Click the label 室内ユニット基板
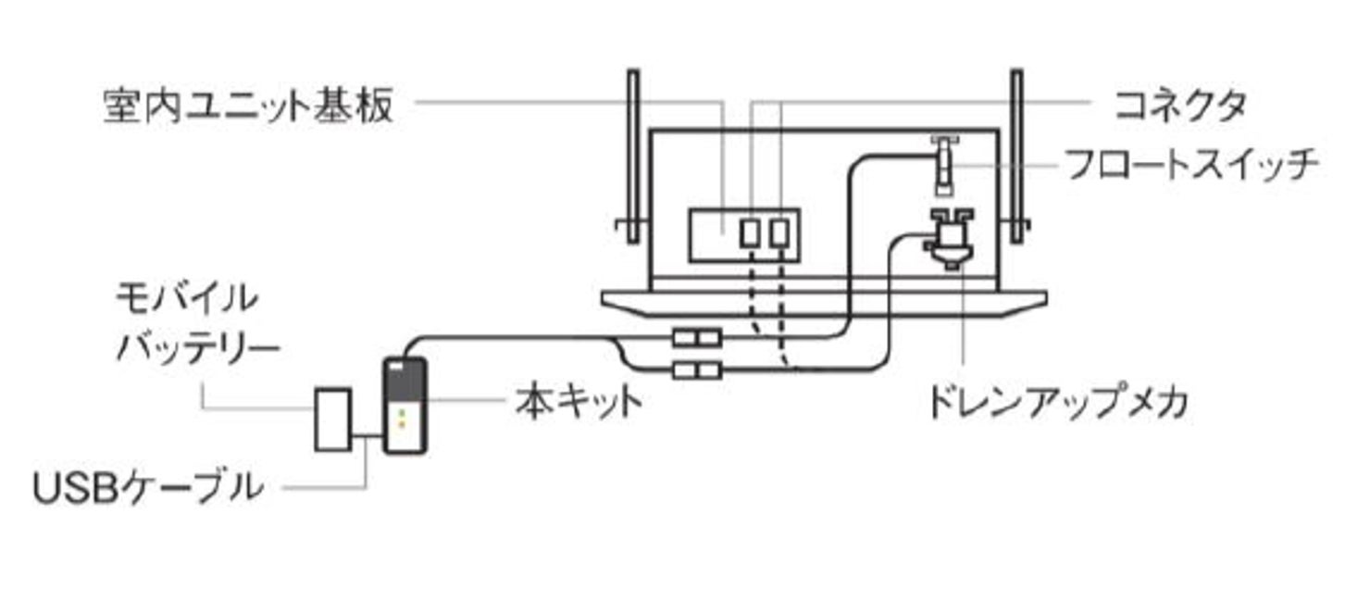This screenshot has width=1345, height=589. tap(249, 107)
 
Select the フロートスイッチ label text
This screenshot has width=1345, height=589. tap(1189, 167)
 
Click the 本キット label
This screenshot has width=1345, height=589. tap(579, 404)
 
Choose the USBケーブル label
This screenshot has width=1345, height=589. tap(148, 487)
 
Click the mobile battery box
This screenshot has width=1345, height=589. tap(333, 420)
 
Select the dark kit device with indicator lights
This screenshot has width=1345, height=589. tap(405, 405)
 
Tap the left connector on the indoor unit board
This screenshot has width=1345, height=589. tap(750, 232)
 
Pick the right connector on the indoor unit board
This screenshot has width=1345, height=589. tap(781, 232)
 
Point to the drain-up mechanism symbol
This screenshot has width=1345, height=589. tap(950, 239)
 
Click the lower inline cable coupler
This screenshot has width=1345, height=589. tap(696, 370)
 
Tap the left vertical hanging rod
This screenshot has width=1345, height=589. tap(632, 157)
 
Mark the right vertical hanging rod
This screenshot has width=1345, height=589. tap(1016, 157)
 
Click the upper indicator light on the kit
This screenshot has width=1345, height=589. tap(402, 412)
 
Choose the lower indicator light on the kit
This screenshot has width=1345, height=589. tap(402, 425)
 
